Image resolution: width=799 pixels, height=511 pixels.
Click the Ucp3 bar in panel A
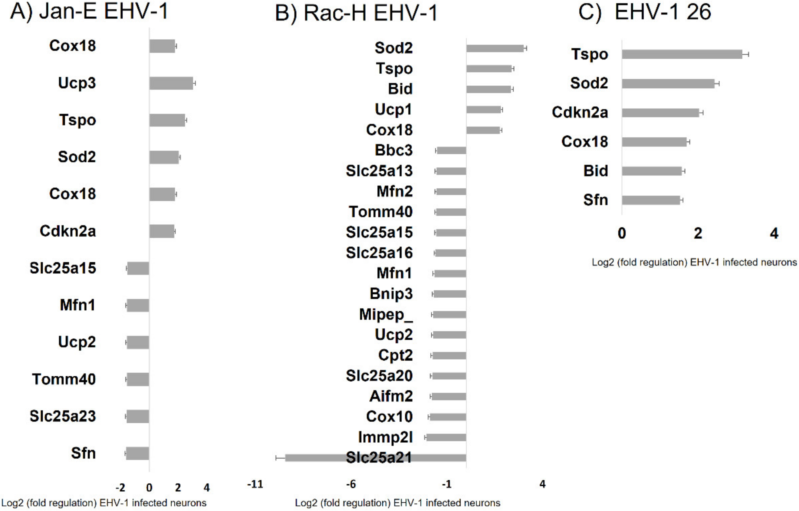(171, 83)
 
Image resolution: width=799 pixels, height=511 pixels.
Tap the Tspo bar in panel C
(682, 54)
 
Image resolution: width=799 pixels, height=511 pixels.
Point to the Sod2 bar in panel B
(495, 48)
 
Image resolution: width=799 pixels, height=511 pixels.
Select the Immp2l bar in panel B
(446, 438)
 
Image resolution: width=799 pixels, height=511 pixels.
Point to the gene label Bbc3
(394, 151)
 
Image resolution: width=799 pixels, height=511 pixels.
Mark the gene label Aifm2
(391, 397)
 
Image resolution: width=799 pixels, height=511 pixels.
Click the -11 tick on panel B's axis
(255, 484)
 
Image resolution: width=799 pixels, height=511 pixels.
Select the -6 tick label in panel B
(351, 484)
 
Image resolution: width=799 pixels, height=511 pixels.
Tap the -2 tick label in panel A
(120, 488)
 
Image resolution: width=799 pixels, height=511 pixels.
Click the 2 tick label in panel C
(698, 234)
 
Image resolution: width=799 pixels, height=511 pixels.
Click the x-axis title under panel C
(694, 262)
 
